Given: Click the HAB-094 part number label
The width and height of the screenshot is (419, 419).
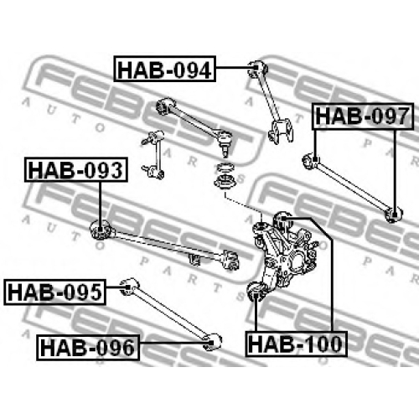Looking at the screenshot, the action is (165, 69).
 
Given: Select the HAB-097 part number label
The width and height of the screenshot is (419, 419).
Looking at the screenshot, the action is (363, 116).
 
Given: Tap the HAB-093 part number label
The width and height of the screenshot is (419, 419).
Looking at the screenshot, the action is (76, 170).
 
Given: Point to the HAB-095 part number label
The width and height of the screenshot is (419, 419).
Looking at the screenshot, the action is (54, 292).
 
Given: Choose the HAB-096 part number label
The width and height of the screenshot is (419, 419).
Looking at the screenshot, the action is (88, 348).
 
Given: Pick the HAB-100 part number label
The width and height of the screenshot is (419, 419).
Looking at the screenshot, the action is (296, 344).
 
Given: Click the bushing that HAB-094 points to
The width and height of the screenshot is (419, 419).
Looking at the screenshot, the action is (257, 68).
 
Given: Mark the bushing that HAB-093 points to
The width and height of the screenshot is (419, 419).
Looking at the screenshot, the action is (101, 230).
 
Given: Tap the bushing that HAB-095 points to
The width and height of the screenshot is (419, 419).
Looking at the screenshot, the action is (129, 287).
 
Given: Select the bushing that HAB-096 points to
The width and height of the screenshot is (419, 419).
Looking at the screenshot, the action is (213, 342).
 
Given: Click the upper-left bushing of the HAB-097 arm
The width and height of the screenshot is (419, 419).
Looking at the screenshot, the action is (311, 161).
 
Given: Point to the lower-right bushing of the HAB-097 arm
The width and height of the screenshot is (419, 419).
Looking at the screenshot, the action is (393, 215).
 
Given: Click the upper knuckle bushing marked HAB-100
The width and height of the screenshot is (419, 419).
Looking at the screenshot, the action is (282, 220).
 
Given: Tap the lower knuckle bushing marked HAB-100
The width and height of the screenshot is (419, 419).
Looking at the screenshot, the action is (257, 292).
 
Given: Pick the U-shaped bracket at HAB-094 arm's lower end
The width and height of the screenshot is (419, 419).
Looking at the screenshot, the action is (281, 131).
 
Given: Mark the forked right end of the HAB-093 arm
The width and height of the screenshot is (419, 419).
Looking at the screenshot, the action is (230, 261).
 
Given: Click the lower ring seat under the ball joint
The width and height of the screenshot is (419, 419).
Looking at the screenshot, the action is (225, 184).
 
